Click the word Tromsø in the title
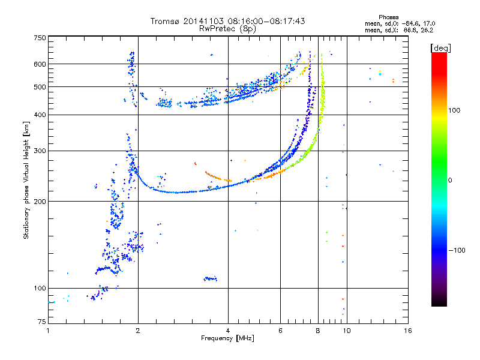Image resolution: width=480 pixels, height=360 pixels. (x=166, y=21)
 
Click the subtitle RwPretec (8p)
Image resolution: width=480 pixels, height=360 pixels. (x=227, y=29)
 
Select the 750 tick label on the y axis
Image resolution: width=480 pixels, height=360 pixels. (x=40, y=38)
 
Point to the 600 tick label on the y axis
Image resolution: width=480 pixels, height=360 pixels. (x=40, y=64)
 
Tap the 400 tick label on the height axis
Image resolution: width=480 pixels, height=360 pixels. (x=40, y=115)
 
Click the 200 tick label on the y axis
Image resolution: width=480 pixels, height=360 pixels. (x=40, y=202)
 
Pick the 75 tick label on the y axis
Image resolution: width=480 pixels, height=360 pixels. (x=42, y=322)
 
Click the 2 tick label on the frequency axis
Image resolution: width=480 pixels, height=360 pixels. (x=138, y=331)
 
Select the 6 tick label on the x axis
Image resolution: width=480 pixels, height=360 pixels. (x=280, y=331)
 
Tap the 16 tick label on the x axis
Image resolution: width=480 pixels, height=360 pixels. (x=408, y=331)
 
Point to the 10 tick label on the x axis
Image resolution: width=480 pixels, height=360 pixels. (x=347, y=331)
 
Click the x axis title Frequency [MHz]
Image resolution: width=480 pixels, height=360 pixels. (x=227, y=338)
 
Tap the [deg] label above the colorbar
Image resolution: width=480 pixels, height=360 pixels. (x=440, y=48)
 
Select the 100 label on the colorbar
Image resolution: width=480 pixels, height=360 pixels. (x=454, y=110)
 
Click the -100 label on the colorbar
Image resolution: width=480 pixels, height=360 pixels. (x=457, y=250)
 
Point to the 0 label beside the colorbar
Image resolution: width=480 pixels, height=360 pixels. (x=450, y=181)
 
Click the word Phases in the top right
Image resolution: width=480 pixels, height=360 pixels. (x=388, y=17)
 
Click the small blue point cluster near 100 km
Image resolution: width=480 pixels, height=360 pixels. (x=211, y=278)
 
